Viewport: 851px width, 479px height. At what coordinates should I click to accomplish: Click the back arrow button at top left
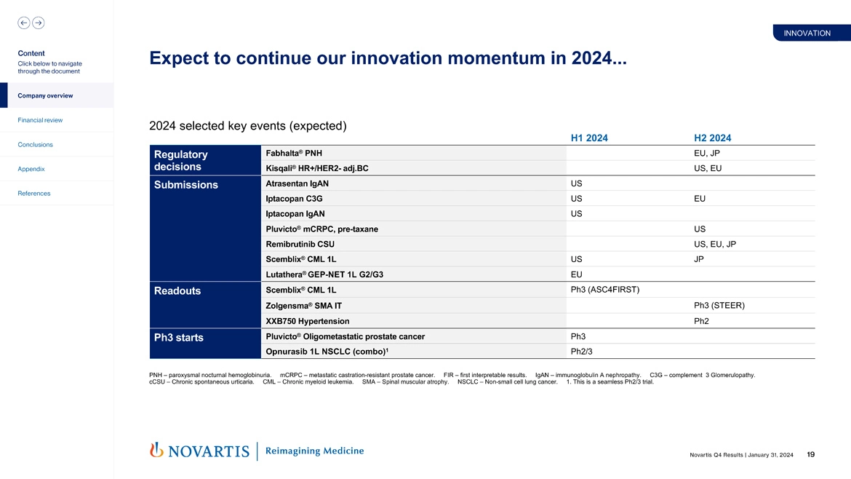(x=24, y=23)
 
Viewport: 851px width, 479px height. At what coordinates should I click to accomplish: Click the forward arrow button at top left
(x=38, y=23)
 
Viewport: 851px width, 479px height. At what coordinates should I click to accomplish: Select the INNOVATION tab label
(x=807, y=33)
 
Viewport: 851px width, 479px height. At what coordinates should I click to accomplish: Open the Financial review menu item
(x=40, y=120)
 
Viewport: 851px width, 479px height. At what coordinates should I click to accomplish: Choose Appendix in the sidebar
(x=31, y=169)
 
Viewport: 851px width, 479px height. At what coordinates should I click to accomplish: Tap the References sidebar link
(x=33, y=194)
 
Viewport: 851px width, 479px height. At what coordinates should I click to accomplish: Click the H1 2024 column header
(x=589, y=138)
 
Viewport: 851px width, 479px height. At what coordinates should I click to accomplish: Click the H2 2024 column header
(x=712, y=138)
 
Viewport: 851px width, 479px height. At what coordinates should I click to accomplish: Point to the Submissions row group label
(x=185, y=185)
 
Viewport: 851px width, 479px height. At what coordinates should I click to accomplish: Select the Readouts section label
(x=177, y=291)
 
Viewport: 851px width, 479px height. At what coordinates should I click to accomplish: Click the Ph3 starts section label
(x=179, y=338)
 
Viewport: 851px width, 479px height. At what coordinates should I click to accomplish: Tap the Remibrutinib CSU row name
(x=300, y=244)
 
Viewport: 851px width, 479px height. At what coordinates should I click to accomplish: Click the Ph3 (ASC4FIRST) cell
(x=605, y=290)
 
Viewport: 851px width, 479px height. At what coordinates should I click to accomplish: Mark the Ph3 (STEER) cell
(x=719, y=305)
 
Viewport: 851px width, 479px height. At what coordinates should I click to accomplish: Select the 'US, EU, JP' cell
(x=715, y=244)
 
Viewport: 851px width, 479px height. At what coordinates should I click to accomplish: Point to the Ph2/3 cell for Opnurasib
(x=581, y=352)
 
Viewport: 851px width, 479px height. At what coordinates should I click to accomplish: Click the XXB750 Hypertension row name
(x=307, y=321)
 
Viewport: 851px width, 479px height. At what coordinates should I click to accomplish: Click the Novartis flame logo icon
(x=156, y=451)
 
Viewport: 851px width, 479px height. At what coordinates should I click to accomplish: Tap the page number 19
(x=810, y=455)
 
